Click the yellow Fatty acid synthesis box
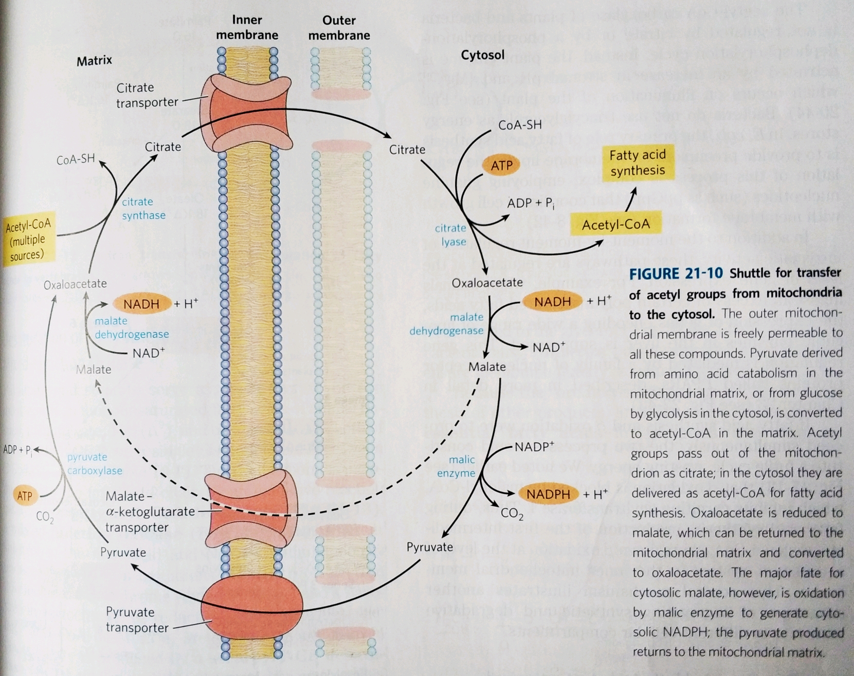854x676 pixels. [x=638, y=162]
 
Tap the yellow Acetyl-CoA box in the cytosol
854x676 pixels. [x=615, y=225]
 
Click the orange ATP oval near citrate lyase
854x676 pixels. [x=501, y=165]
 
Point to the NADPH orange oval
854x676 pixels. [x=548, y=494]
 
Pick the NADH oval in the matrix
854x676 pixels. [x=141, y=304]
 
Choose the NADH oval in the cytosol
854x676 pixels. [x=552, y=302]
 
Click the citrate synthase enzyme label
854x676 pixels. [x=143, y=208]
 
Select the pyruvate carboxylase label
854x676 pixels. [x=95, y=464]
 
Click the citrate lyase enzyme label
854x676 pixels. [x=451, y=234]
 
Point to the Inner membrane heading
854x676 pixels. [x=247, y=27]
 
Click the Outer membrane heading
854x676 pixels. [x=339, y=28]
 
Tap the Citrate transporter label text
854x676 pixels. [x=147, y=95]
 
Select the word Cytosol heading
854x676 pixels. [x=482, y=55]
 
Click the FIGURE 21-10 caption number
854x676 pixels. [x=676, y=273]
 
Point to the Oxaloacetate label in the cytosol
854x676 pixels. [x=487, y=283]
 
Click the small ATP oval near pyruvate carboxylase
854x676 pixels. [x=25, y=496]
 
